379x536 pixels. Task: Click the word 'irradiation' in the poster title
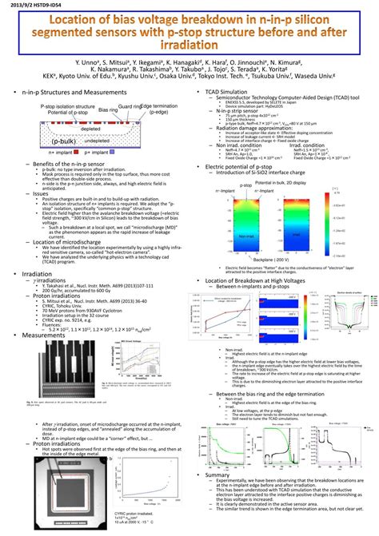tap(189, 48)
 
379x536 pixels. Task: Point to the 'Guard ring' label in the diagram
tap(130, 106)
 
